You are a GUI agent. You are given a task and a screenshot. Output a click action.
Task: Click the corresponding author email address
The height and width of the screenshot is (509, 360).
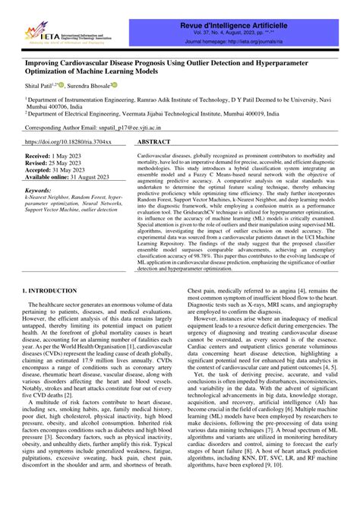145,128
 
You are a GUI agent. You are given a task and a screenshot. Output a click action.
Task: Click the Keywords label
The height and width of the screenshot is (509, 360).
39,191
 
